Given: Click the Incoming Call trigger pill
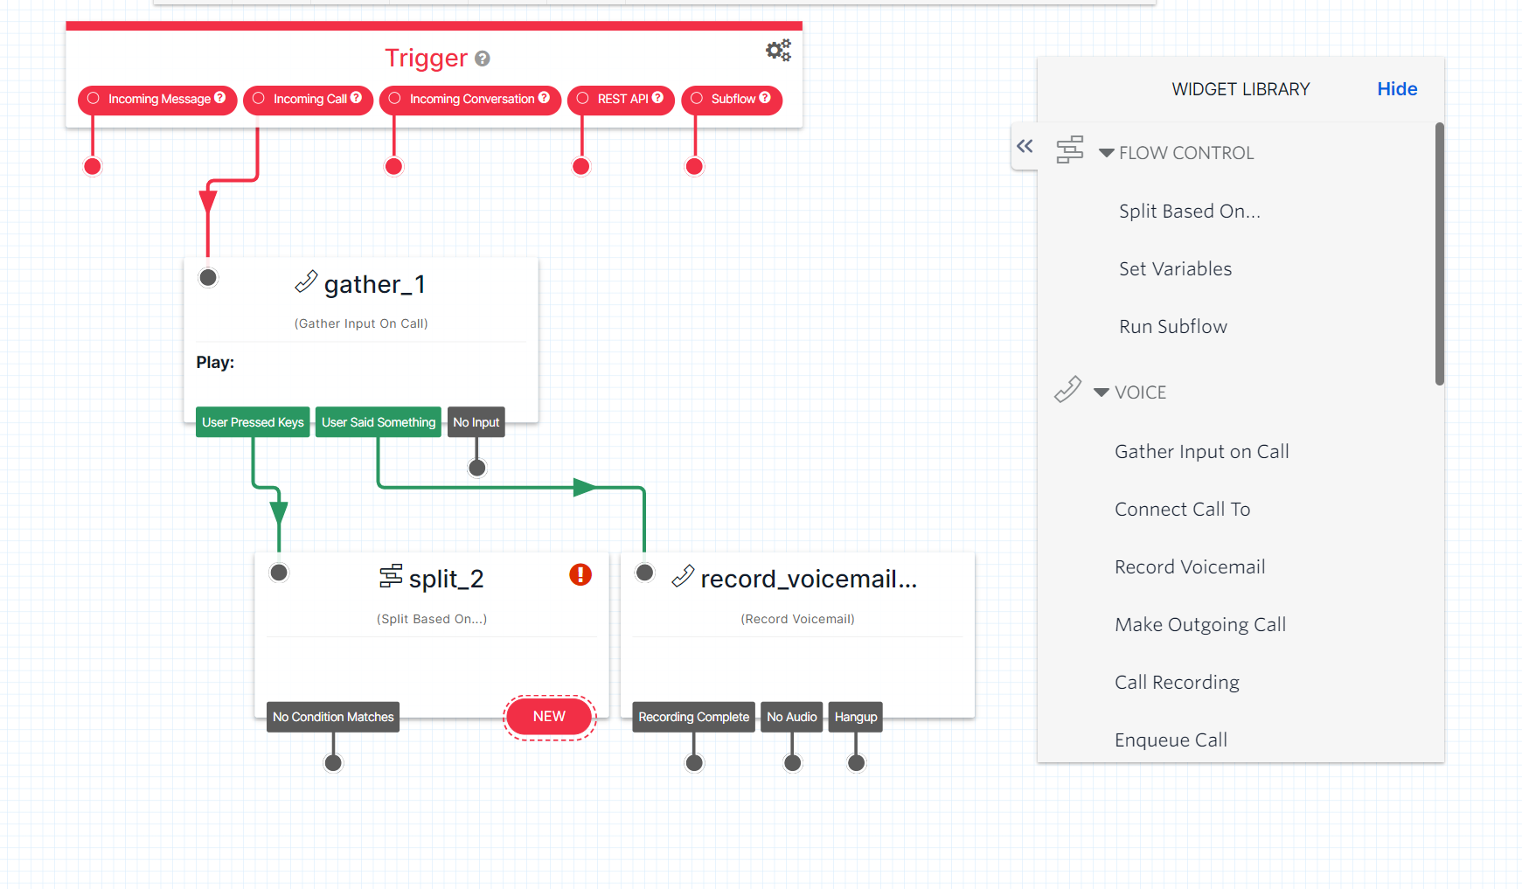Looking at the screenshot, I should tap(308, 100).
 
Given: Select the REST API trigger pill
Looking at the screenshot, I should tap(621, 100).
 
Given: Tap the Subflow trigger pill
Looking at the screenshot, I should tap(732, 100).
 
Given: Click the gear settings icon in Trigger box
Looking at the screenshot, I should tap(778, 51).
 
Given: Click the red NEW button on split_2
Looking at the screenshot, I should tap(549, 717).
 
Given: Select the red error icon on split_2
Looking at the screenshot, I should tap(580, 574).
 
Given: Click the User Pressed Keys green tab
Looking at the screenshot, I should tap(253, 422).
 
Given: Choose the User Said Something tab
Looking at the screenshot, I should tap(378, 422).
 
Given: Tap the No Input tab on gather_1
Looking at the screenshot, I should tap(476, 422).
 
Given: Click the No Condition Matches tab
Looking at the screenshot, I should tap(333, 717).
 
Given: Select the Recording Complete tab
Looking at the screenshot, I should tap(693, 717).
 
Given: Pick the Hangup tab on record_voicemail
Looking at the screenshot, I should tap(855, 717).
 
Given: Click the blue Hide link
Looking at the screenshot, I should tap(1397, 89).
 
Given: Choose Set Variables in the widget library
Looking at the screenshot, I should tap(1175, 269).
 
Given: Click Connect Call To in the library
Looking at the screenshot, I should tap(1182, 510).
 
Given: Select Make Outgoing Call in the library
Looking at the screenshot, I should tap(1200, 625).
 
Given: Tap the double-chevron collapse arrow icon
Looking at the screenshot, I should tap(1025, 146).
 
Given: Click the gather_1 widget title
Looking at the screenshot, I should tap(374, 285).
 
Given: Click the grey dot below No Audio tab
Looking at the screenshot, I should tap(793, 763).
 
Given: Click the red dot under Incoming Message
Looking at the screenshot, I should tap(93, 167).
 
